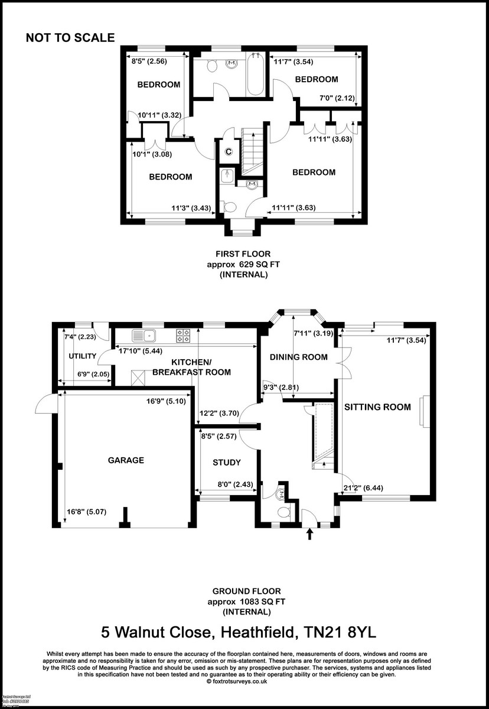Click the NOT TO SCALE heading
click(70, 38)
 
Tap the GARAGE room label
click(126, 460)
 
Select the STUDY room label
click(227, 463)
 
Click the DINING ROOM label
click(298, 357)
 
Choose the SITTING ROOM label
click(377, 406)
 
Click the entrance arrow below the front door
click(309, 535)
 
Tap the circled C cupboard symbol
click(229, 152)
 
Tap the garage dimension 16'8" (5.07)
click(87, 512)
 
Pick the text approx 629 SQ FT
click(243, 265)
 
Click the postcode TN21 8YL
click(337, 633)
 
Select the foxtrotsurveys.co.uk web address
click(244, 681)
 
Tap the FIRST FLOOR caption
click(243, 255)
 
